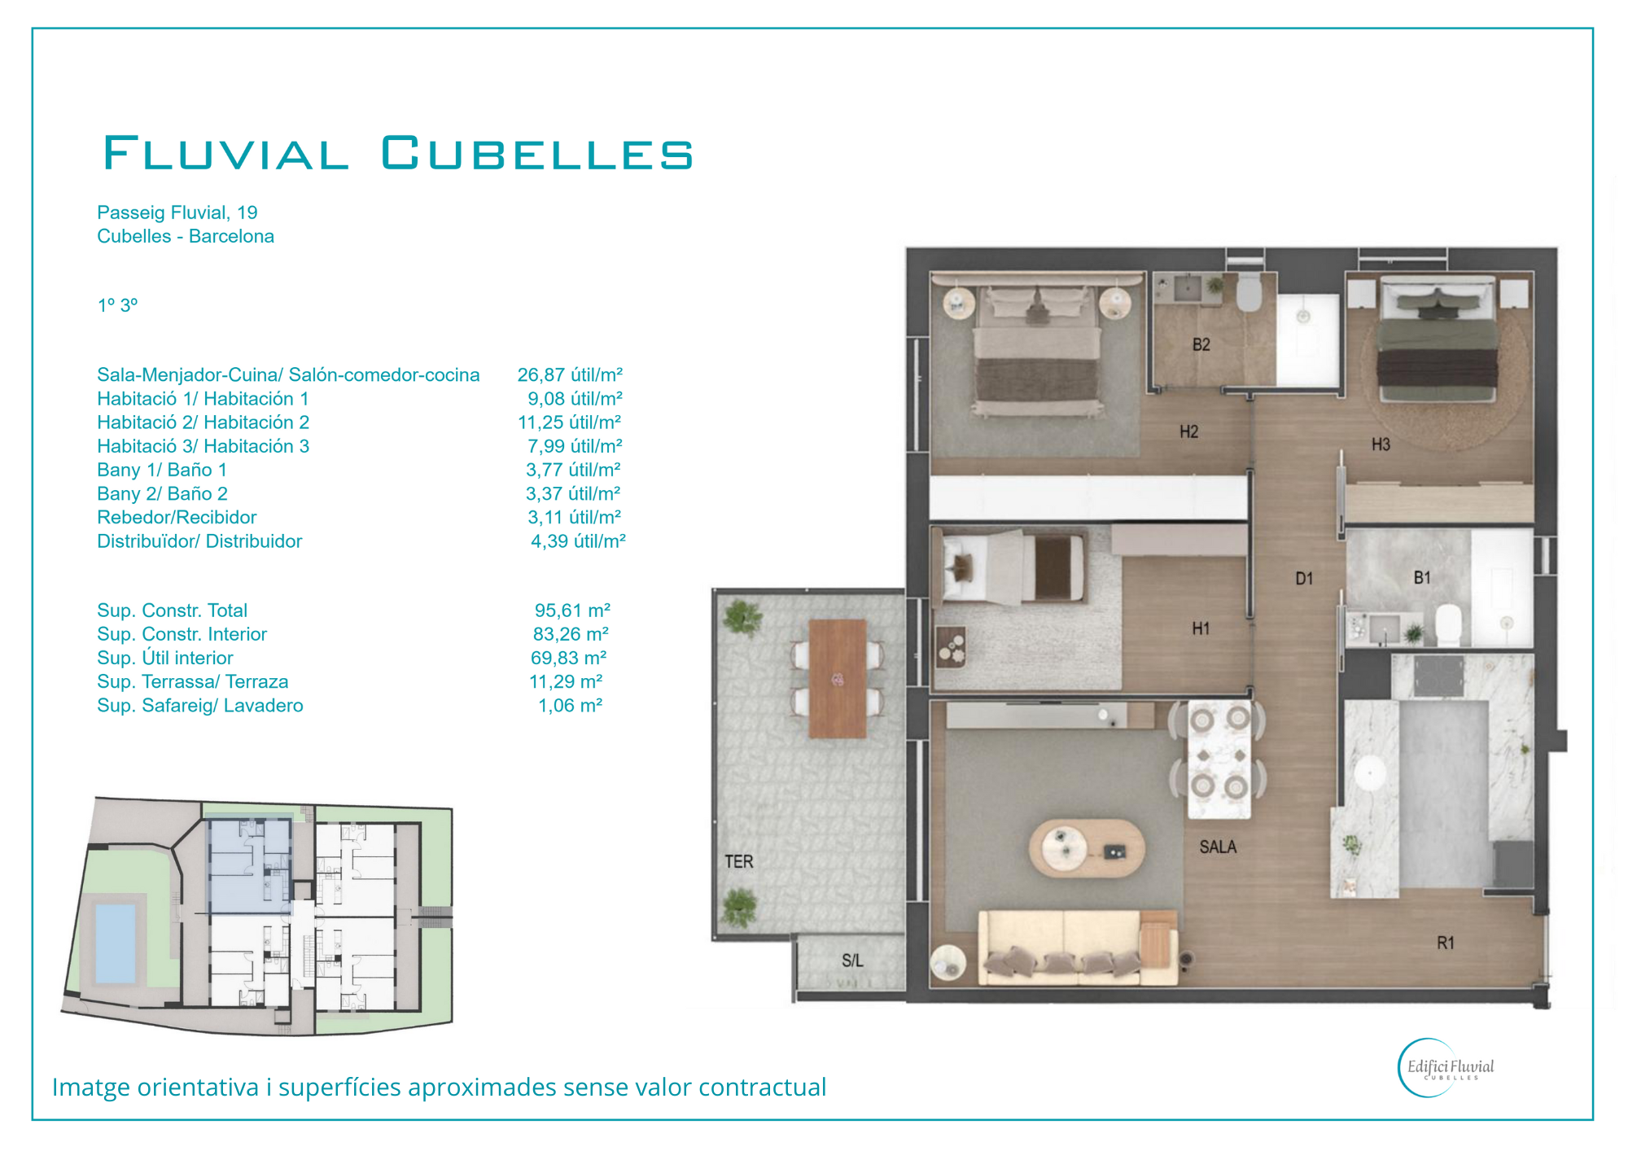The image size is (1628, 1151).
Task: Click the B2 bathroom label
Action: [1201, 344]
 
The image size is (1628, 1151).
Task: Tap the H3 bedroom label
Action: [1381, 444]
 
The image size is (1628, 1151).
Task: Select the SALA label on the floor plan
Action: [1218, 847]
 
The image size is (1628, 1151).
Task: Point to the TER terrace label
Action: [739, 861]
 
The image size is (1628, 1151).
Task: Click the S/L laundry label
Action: [852, 961]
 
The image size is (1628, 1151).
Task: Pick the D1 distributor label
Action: [1304, 579]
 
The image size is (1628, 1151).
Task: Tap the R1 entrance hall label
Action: [1445, 943]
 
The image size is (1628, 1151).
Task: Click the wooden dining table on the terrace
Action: [838, 679]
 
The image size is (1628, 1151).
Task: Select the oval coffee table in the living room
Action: [1087, 847]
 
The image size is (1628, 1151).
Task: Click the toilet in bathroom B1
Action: [1447, 624]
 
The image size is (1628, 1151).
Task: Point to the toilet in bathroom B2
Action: [1249, 292]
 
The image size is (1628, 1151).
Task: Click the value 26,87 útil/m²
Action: [570, 375]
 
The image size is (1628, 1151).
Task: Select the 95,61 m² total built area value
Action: [572, 611]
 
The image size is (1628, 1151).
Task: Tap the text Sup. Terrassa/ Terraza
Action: [192, 682]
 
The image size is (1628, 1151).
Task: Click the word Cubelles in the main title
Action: [536, 153]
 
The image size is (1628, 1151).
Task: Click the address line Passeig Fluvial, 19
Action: [177, 212]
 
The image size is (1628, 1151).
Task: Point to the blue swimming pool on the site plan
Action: [116, 943]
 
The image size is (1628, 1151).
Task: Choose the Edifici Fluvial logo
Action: [1446, 1068]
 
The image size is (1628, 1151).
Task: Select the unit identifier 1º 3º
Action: [117, 305]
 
